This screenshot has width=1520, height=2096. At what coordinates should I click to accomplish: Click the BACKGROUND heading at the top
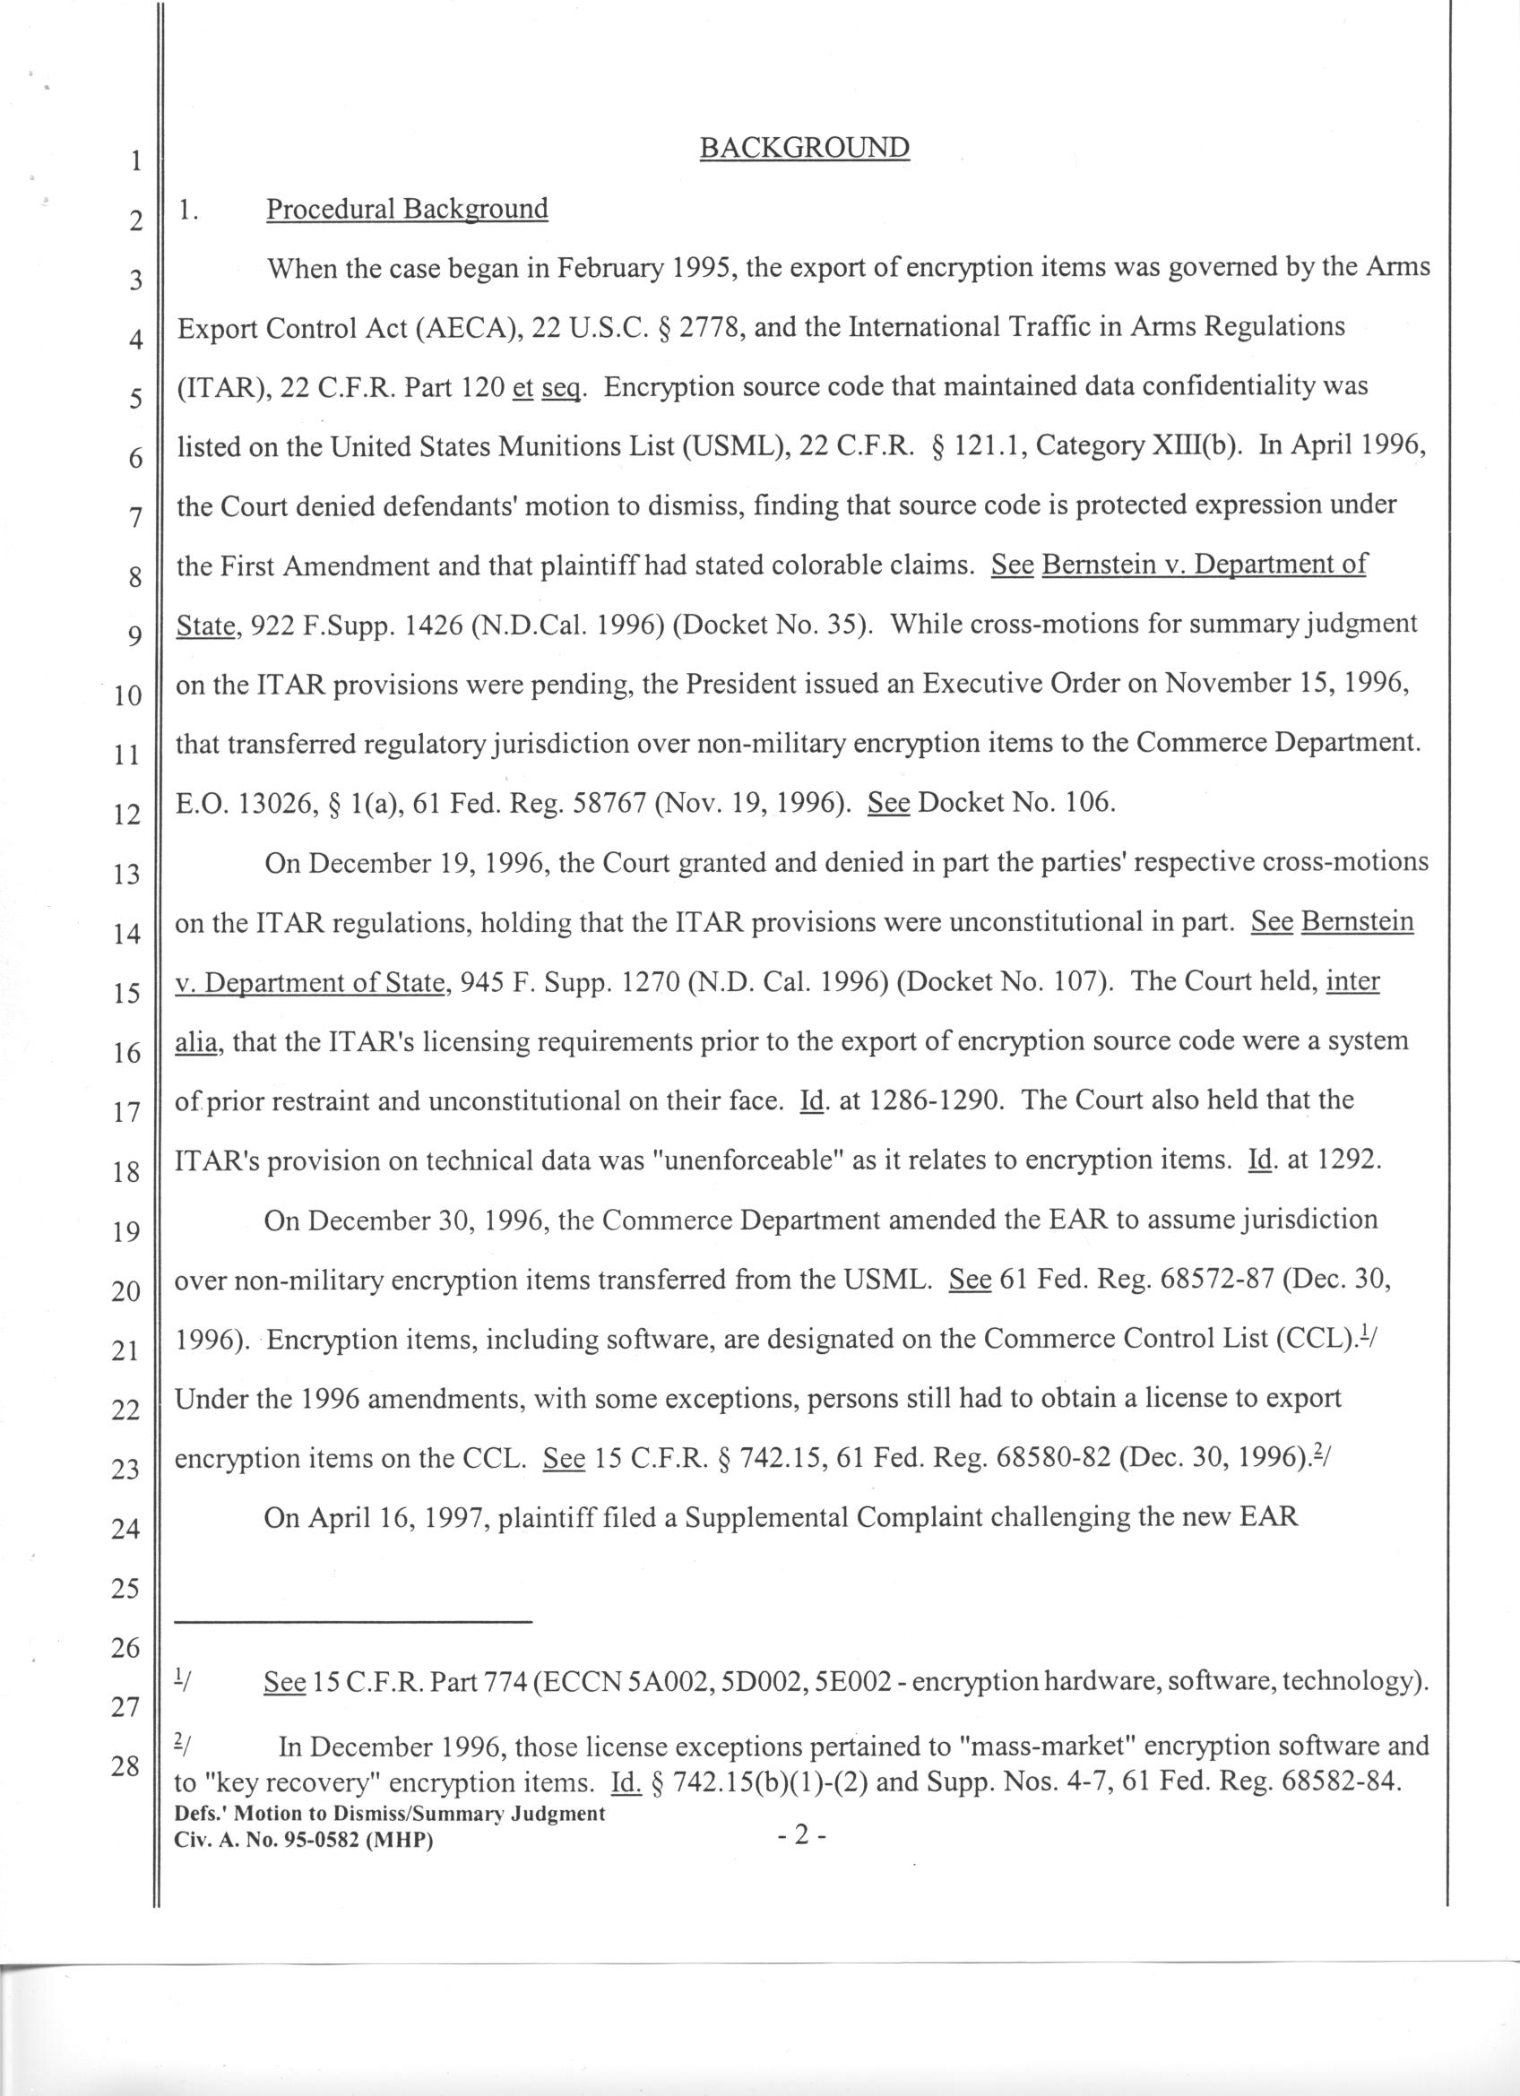[x=804, y=148]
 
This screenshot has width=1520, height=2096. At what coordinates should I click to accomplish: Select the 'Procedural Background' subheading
[x=407, y=209]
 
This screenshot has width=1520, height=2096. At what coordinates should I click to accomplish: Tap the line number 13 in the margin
[x=125, y=874]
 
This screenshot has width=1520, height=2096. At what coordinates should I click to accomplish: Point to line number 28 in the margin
[x=125, y=1766]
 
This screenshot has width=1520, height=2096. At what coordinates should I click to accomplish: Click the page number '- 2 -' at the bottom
[x=801, y=1835]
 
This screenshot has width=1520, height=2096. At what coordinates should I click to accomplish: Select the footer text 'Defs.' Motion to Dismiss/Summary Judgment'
[x=390, y=1813]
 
